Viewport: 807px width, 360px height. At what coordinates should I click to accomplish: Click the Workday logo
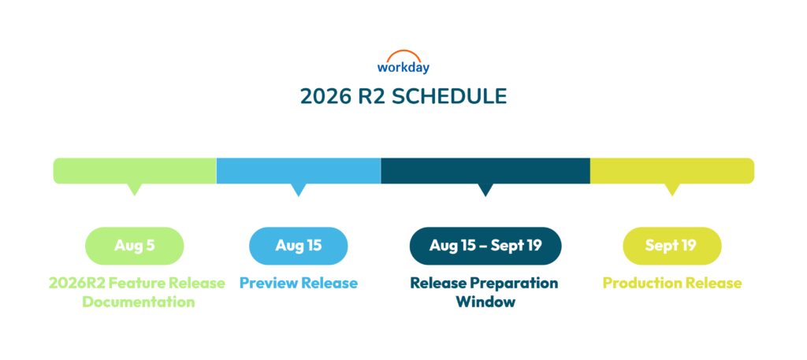click(x=403, y=61)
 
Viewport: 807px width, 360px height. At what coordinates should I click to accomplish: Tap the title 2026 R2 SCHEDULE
click(x=403, y=97)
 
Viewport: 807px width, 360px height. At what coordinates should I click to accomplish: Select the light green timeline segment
click(x=135, y=171)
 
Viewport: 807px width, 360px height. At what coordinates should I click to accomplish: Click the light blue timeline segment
click(x=299, y=171)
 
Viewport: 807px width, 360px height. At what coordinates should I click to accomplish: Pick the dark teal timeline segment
click(x=485, y=171)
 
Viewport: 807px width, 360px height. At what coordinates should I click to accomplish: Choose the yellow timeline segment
click(x=672, y=171)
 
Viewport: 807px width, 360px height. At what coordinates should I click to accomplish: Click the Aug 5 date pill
click(x=134, y=246)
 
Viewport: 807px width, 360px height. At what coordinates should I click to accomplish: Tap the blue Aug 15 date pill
click(x=299, y=246)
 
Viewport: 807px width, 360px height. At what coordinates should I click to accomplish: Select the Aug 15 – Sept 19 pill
click(x=485, y=246)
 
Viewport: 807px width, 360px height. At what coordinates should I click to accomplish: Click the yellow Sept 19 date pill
click(x=672, y=246)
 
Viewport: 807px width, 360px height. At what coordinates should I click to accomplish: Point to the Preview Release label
click(x=299, y=284)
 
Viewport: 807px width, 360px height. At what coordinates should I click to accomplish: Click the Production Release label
click(x=672, y=284)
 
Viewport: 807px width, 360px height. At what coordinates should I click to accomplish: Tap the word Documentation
click(x=139, y=302)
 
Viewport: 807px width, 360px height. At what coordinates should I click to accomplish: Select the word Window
click(x=485, y=302)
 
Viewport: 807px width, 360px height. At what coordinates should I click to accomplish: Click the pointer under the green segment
click(x=134, y=189)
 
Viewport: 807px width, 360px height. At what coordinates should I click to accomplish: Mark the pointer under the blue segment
click(x=299, y=189)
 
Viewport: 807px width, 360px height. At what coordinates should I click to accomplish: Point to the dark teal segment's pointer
click(x=485, y=189)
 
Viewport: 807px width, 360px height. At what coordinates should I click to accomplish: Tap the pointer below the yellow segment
click(x=672, y=189)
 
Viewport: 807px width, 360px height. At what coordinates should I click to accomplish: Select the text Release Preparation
click(x=484, y=284)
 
